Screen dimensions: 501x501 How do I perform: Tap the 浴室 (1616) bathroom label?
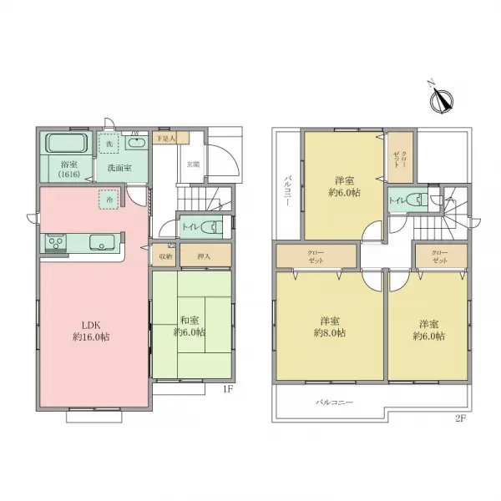(x=68, y=170)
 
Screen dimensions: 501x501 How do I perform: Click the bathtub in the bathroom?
(x=66, y=143)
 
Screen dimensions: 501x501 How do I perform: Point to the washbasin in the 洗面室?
(x=138, y=144)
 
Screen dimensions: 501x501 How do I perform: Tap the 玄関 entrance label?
(x=193, y=164)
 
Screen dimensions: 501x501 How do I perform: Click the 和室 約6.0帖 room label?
(x=190, y=325)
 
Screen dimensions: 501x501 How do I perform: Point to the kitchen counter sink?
(x=103, y=244)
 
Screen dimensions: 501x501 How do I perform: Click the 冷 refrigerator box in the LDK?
(x=107, y=200)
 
